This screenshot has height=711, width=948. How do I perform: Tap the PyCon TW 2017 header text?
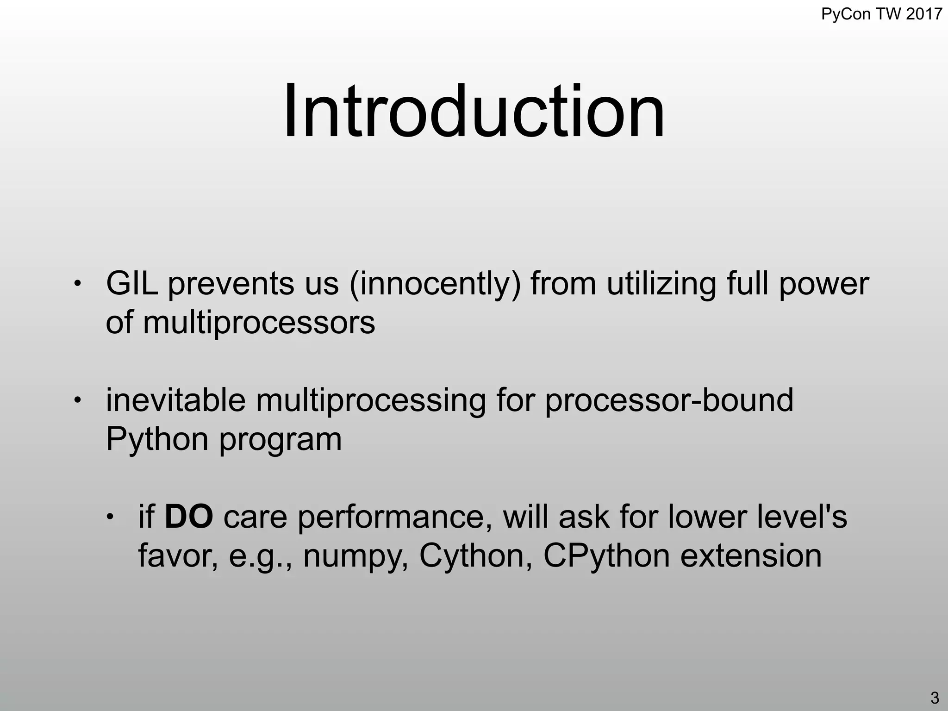point(881,14)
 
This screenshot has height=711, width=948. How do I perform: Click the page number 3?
point(934,697)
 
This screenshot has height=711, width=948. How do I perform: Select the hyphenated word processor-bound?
point(669,401)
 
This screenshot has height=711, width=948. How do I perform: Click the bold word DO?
point(189,517)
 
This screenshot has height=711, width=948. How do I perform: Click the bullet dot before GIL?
point(78,283)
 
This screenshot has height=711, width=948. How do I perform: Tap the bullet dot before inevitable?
point(78,400)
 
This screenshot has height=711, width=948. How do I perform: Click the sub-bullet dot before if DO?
point(110,517)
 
